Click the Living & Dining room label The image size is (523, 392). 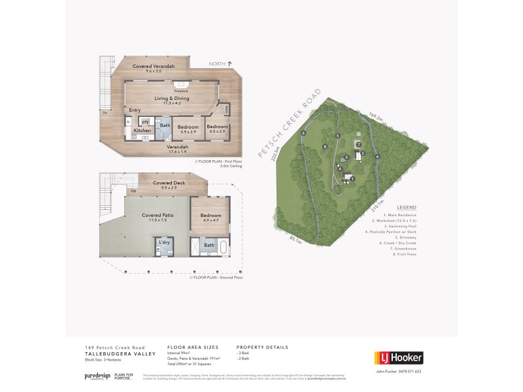pos(172,99)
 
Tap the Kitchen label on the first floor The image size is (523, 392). pos(143,131)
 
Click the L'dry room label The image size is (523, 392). pos(164,242)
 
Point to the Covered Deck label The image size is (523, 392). pos(169,183)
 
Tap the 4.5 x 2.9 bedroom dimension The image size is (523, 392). pos(216,132)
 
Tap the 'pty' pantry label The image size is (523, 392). pos(145,122)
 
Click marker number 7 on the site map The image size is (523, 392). pos(359,144)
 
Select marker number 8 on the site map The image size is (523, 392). pos(325,147)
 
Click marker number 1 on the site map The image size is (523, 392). pos(352,178)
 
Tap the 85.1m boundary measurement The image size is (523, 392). pos(295,242)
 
